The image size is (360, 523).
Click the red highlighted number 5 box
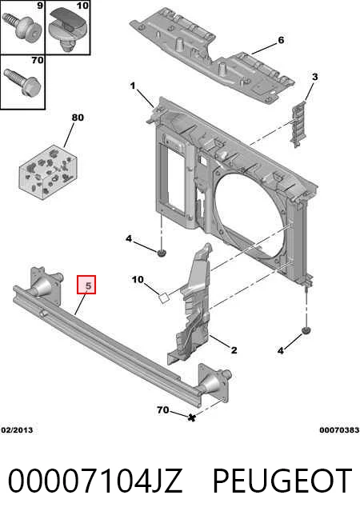[86, 285]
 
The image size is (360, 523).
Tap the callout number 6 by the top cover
[281, 40]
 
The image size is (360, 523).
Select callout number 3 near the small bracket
[314, 77]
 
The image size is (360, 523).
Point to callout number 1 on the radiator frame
[133, 86]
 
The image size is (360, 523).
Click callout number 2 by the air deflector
[234, 350]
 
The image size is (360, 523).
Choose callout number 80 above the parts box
[78, 118]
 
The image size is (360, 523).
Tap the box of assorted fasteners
[48, 172]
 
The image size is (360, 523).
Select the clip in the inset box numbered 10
[69, 28]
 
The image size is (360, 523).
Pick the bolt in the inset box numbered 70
[22, 82]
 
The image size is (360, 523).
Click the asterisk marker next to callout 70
[191, 417]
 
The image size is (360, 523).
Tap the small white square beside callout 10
[164, 297]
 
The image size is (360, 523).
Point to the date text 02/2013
[17, 430]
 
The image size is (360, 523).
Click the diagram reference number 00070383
[339, 430]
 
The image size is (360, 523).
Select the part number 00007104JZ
[95, 481]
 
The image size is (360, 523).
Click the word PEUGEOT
[282, 481]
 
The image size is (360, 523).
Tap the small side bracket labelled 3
[298, 124]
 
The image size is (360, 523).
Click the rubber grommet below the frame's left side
[162, 253]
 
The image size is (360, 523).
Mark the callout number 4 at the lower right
[281, 350]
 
